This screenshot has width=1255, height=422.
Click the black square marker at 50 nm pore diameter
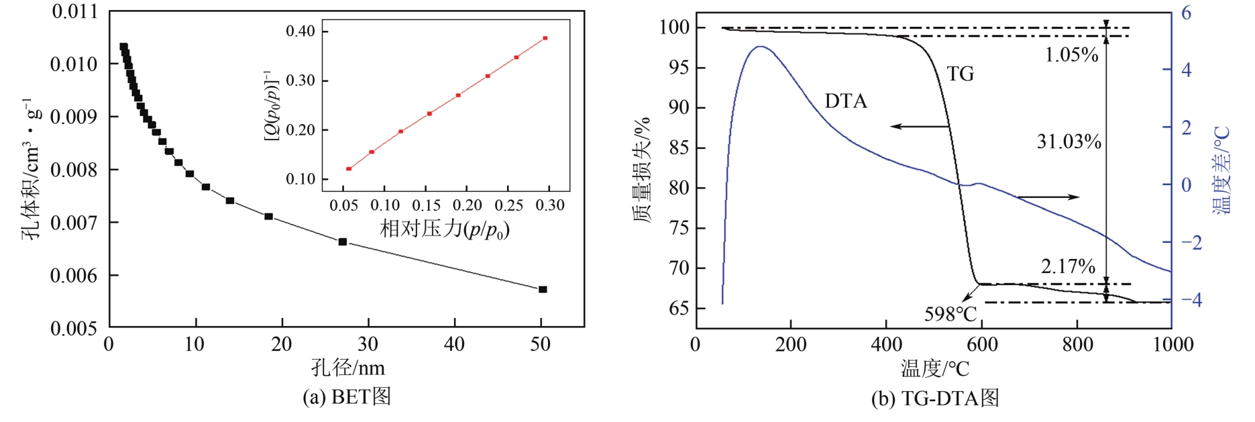click(543, 289)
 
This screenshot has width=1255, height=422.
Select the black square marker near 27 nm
click(343, 242)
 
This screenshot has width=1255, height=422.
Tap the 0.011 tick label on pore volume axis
click(74, 12)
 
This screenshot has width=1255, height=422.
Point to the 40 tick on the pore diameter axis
click(454, 345)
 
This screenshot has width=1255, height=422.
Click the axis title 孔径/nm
click(347, 368)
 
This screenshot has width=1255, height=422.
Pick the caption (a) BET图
click(346, 397)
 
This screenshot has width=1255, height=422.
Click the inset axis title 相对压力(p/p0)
click(445, 229)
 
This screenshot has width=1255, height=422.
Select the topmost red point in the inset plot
click(545, 38)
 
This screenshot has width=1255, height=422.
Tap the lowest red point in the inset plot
click(349, 168)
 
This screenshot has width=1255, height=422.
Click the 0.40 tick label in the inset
click(300, 31)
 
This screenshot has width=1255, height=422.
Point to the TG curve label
click(960, 74)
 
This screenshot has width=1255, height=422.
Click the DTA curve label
click(846, 101)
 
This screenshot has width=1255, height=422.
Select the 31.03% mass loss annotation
click(1069, 142)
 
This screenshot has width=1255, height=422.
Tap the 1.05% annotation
click(1071, 55)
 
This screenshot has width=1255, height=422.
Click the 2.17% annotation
click(1068, 266)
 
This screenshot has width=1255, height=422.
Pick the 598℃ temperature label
click(950, 314)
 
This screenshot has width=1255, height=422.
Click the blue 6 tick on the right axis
click(1186, 13)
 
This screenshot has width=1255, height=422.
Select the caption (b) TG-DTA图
click(935, 399)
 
